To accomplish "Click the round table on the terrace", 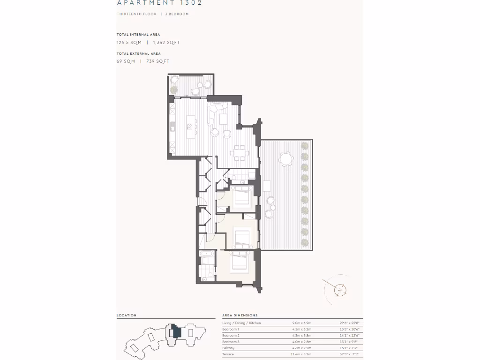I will click(285, 160).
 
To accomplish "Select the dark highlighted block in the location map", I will click(176, 331).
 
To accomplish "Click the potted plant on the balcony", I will click(174, 90).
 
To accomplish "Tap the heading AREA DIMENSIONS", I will click(240, 315).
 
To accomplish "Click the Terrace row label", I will click(228, 354).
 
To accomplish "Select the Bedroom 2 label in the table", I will click(231, 336).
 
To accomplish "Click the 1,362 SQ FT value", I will click(166, 43).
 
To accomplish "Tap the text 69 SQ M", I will click(126, 61).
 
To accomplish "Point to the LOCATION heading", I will click(127, 315).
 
